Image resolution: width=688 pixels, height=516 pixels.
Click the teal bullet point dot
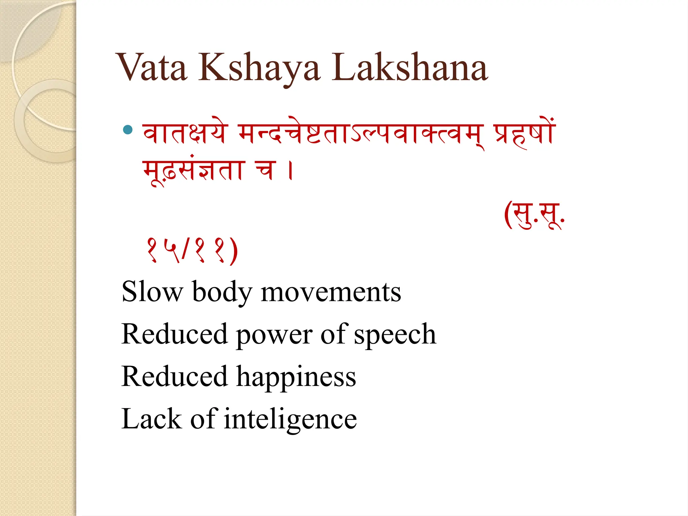[128, 130]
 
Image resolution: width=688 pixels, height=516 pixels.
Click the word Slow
[152, 292]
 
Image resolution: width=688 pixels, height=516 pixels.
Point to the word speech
[395, 334]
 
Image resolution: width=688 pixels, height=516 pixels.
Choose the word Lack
[152, 419]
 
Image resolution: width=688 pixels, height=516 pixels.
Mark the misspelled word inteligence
[290, 419]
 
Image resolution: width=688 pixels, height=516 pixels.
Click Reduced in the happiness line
[175, 377]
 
